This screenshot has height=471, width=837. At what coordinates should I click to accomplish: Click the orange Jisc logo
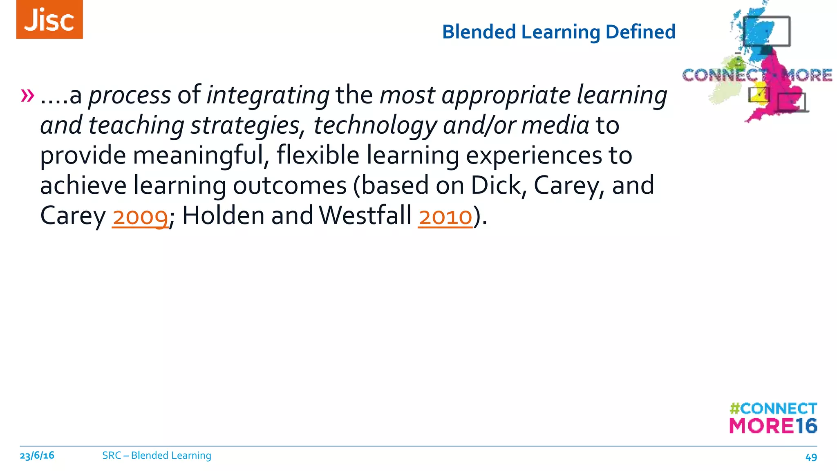pos(49,19)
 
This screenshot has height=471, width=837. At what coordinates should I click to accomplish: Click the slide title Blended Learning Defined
pos(558,32)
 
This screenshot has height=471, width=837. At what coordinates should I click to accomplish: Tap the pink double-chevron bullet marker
pos(28,95)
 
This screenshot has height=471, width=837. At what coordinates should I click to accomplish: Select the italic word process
pos(130,95)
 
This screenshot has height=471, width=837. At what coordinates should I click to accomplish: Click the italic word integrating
pos(268,95)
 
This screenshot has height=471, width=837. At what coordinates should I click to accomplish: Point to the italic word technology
pos(375,126)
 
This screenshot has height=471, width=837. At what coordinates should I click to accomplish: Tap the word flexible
pos(318,156)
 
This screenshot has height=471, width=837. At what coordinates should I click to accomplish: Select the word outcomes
pos(290,186)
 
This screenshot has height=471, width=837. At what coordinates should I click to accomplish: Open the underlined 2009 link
pos(140,216)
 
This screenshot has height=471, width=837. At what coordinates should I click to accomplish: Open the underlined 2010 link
pos(445,216)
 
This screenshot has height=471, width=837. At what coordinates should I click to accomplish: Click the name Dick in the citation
pos(496,186)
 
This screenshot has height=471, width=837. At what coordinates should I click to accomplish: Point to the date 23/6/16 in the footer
pos(37,455)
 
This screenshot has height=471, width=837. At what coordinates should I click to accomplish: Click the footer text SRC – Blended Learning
pos(157,455)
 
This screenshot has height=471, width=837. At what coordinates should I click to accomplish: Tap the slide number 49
pos(811,457)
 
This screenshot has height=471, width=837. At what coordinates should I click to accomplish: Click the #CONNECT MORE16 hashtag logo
pos(773,418)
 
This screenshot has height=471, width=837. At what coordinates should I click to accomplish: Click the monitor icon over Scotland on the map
pos(767,31)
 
